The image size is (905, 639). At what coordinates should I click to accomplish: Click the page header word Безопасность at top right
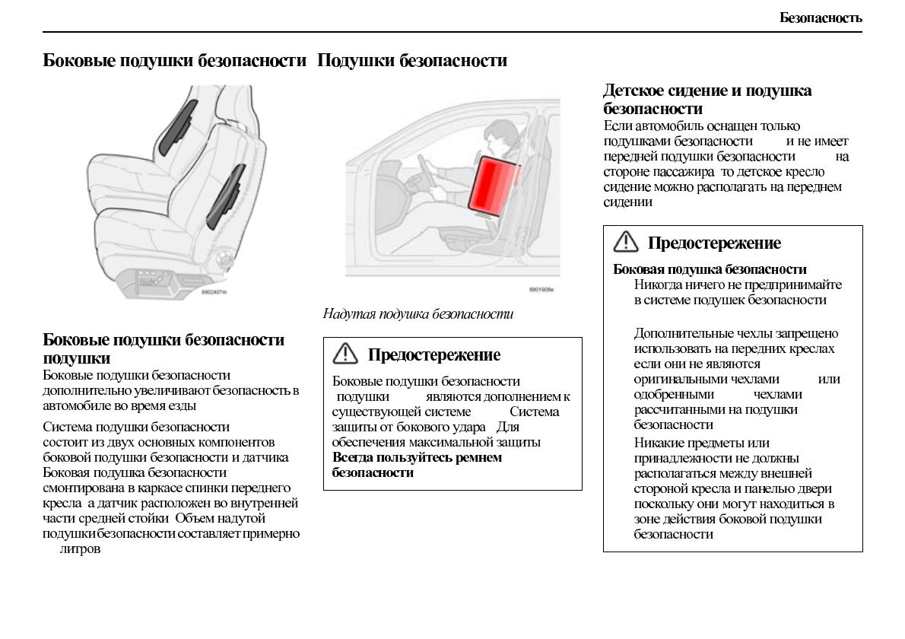(821, 17)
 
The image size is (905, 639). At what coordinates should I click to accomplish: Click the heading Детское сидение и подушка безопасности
(707, 99)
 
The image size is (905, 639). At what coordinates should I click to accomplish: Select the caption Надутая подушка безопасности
(418, 313)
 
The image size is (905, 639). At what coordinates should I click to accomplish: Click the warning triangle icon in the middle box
(345, 354)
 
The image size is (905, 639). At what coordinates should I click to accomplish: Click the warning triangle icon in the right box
(626, 242)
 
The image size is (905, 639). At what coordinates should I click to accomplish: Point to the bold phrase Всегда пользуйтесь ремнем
(417, 457)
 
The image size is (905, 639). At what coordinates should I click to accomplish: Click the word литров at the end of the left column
(80, 548)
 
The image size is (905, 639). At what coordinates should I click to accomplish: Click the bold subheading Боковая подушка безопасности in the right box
(710, 269)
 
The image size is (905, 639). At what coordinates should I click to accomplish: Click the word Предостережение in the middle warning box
(433, 354)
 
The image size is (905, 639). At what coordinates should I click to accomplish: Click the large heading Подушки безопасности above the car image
(411, 60)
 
